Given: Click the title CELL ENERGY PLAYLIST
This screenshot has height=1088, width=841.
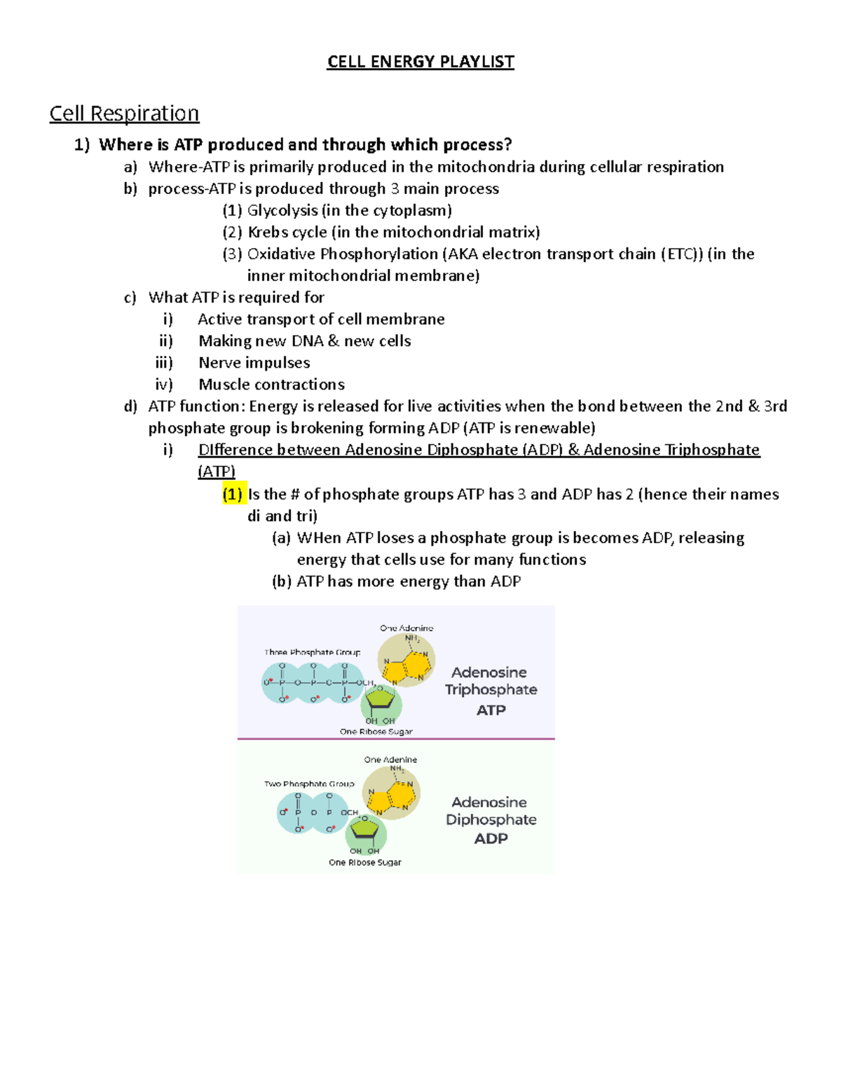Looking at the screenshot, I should coord(420,62).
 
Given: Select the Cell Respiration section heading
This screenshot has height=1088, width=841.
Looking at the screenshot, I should coord(124,113).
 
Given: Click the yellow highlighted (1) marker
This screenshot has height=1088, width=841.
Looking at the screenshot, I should coord(232,495).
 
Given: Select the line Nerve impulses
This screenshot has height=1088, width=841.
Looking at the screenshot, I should coord(254,362).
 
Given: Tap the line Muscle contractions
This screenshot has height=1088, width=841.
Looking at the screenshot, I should coord(271,384).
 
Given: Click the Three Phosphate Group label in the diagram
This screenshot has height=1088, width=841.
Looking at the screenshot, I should coord(312,652).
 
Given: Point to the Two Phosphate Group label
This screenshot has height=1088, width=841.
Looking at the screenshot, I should coord(309,784).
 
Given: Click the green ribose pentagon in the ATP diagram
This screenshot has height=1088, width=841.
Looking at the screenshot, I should coord(381,700).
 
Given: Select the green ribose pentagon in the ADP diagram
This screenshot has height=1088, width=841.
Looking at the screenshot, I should coord(365,831).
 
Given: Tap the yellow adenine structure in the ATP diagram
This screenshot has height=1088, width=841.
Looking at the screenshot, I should coord(406,661).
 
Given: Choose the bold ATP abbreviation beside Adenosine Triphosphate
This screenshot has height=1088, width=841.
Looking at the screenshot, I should coord(491,710).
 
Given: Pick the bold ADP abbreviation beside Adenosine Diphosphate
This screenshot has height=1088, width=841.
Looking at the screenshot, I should coord(491,839).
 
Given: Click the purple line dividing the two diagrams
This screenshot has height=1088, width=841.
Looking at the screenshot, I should coord(396,738).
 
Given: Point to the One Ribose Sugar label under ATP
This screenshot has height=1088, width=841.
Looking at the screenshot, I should coord(376,731).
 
